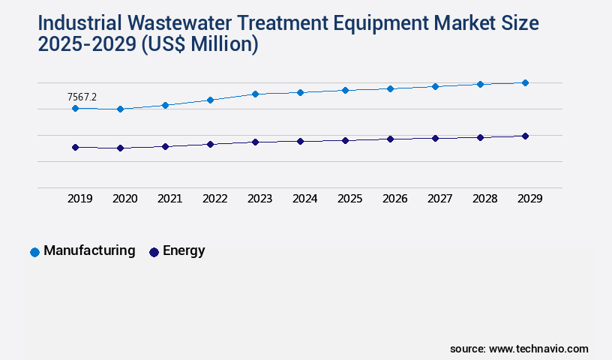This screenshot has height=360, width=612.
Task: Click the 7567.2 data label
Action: pos(82,97)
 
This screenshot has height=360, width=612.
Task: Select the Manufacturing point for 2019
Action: pos(75,108)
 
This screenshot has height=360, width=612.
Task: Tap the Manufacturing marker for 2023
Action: pos(255,94)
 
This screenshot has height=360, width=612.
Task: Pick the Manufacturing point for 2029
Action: pos(525,82)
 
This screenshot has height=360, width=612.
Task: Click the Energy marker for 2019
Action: pos(75,147)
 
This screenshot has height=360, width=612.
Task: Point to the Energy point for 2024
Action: pos(300,141)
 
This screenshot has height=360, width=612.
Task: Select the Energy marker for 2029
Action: pos(525,136)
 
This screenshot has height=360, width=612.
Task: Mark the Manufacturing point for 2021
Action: pos(165,105)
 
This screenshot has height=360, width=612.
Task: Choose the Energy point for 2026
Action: pos(390,139)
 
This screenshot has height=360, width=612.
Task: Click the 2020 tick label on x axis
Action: pos(124,199)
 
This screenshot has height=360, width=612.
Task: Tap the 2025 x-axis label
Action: pos(349,199)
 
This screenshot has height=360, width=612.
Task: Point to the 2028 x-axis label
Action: pos(484,199)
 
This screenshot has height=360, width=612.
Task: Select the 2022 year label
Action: pos(214,199)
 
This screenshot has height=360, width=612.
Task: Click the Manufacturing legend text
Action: pos(89,251)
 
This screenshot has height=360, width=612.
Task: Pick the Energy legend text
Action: pos(184,251)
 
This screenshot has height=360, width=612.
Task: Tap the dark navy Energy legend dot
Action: pos(154,252)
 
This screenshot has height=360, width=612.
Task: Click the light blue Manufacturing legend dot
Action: pos(34,252)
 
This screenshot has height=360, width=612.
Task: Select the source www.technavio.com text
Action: pos(519,349)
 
